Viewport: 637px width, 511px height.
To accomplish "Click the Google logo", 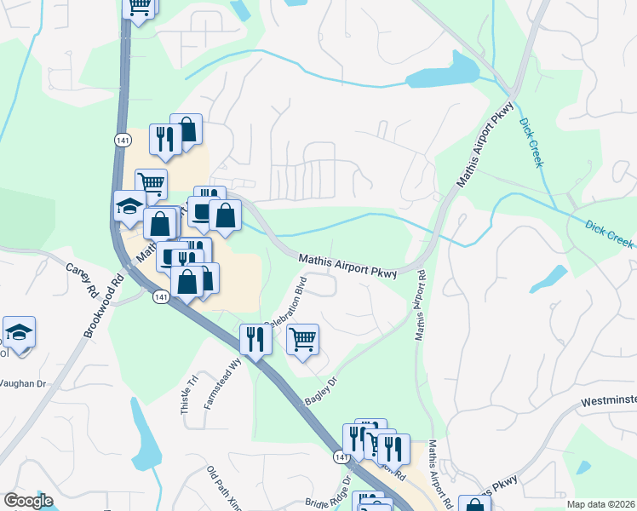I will click(29, 501).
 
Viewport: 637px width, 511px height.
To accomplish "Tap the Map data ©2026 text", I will click(600, 504).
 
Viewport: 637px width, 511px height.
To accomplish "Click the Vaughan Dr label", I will click(20, 384).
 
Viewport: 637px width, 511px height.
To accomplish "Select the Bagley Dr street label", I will click(322, 390).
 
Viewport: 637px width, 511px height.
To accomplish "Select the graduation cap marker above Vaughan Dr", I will click(19, 332).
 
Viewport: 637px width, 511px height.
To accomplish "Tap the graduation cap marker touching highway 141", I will click(129, 206).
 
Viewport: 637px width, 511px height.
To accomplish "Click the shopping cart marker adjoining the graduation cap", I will click(151, 181).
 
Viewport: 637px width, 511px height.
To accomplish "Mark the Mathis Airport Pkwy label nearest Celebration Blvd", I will click(348, 265).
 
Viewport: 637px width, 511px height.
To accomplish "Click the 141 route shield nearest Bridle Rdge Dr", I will click(340, 456).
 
